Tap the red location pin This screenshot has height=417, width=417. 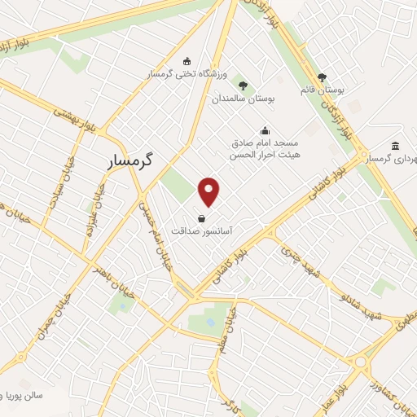click(x=209, y=191)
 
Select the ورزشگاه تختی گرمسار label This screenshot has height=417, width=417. click(x=186, y=73)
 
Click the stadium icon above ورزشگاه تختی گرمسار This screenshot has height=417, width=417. click(x=187, y=60)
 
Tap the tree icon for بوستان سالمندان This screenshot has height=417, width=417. click(x=242, y=85)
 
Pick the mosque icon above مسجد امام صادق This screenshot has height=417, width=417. click(x=265, y=129)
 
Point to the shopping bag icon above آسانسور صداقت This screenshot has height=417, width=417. click(x=201, y=217)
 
